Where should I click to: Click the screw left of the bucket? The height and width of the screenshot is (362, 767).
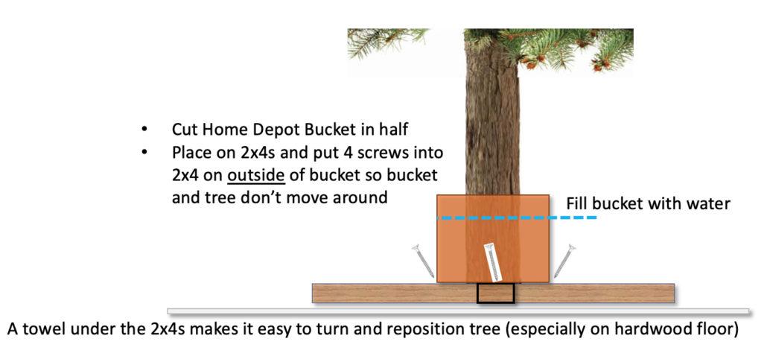pyautogui.click(x=424, y=261)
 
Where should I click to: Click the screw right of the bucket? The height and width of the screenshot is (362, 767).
pyautogui.click(x=564, y=261)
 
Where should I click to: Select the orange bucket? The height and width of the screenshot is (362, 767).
pyautogui.click(x=493, y=238)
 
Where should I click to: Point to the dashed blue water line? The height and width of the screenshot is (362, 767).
pyautogui.click(x=517, y=217)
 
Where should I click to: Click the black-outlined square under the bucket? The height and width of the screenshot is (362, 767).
pyautogui.click(x=495, y=293)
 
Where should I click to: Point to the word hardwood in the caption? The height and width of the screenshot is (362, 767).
pyautogui.click(x=657, y=328)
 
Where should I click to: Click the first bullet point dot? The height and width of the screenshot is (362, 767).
pyautogui.click(x=144, y=130)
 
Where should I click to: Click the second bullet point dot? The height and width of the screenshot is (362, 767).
pyautogui.click(x=144, y=153)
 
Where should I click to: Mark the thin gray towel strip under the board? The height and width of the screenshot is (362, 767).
pyautogui.click(x=458, y=311)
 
